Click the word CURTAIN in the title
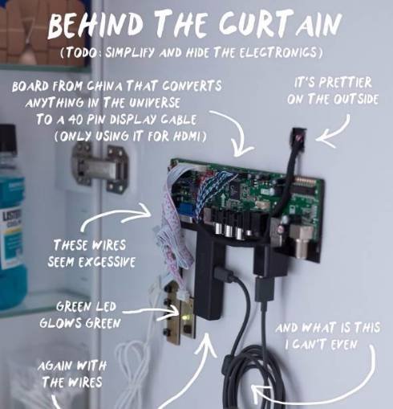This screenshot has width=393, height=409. point(280,24)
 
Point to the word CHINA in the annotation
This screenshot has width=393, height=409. point(106,86)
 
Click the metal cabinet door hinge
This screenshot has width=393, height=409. point(100,167)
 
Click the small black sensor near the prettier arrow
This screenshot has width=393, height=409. point(299,137)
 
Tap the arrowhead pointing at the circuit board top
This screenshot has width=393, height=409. point(242,149)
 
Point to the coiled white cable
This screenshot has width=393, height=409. point(134,370)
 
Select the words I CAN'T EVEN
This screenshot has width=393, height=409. point(321,345)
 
